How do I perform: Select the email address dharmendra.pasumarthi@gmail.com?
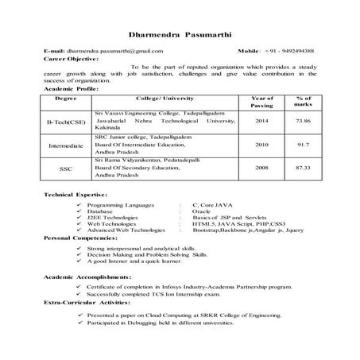coord(118,50)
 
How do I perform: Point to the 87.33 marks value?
coord(301,168)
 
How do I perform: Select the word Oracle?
coord(200,211)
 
